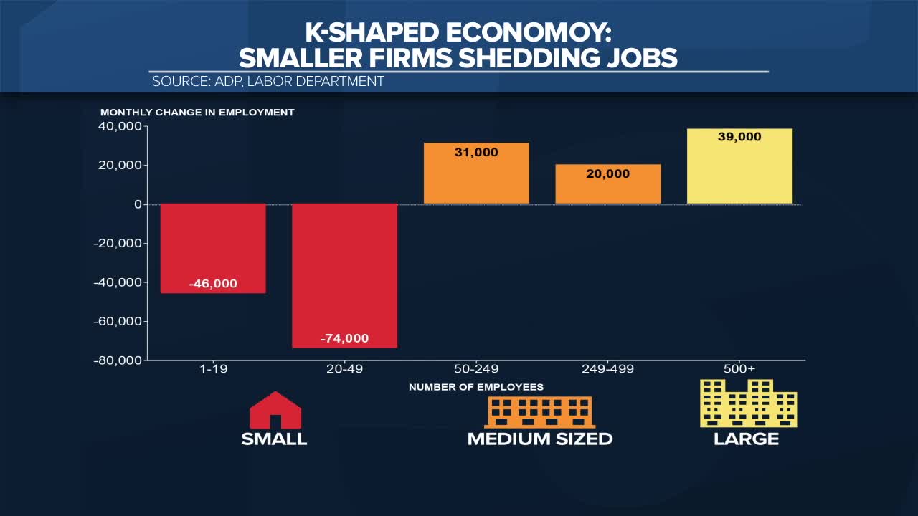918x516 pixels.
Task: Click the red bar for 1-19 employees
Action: pos(213,248)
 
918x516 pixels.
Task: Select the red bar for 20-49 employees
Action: pos(345,276)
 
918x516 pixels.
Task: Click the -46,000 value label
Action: pos(213,284)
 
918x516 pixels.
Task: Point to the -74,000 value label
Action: pos(345,338)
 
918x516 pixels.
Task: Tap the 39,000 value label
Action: pos(739,137)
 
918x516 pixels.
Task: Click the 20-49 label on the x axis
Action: pos(345,369)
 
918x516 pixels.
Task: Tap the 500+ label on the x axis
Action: pos(739,369)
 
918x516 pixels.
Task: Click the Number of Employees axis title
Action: pos(476,387)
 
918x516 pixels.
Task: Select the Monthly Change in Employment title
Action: pos(197,113)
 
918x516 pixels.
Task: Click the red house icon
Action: pos(275,411)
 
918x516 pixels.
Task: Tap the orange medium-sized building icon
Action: pos(540,412)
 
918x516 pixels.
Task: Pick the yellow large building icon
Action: pos(748,403)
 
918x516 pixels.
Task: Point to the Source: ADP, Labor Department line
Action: pos(268,82)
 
